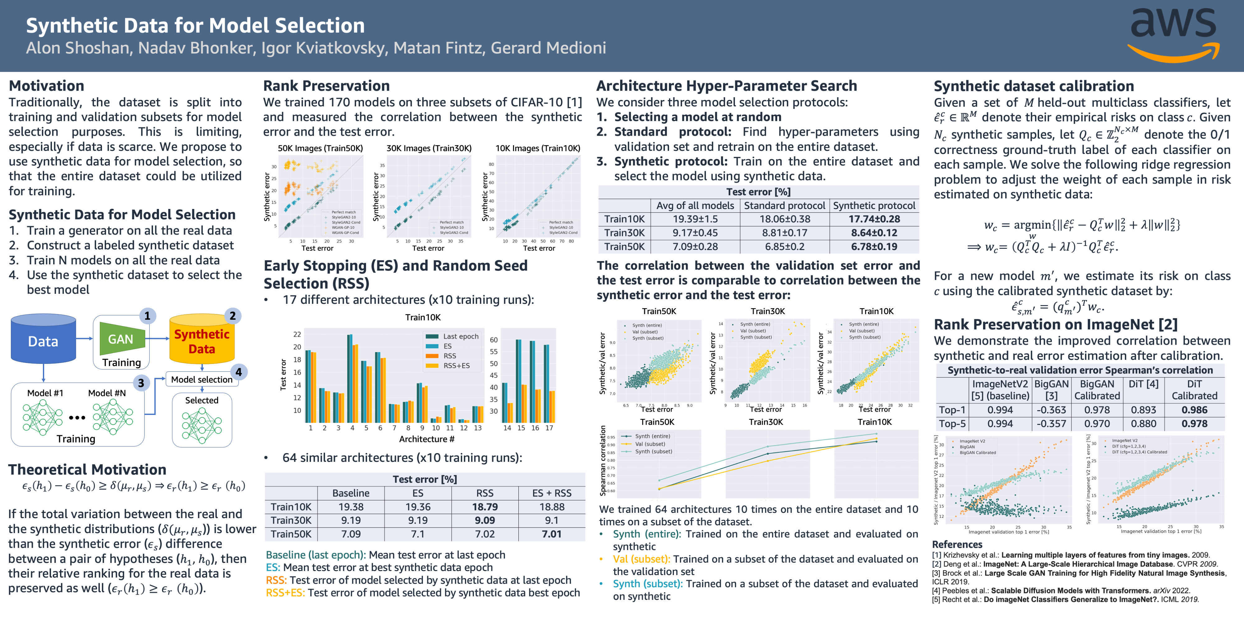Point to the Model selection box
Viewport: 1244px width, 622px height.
click(202, 379)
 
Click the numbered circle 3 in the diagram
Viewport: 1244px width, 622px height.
click(141, 383)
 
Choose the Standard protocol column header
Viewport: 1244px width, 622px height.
click(784, 206)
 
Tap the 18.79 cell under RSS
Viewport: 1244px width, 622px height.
click(485, 507)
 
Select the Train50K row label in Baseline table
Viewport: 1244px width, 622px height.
click(291, 534)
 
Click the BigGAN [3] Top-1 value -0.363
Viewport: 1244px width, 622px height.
click(1051, 410)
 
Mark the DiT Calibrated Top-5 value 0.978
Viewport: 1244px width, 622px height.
click(1194, 424)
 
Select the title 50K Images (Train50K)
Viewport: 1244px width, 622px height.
click(320, 148)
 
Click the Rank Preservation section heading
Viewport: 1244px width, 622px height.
click(327, 86)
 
